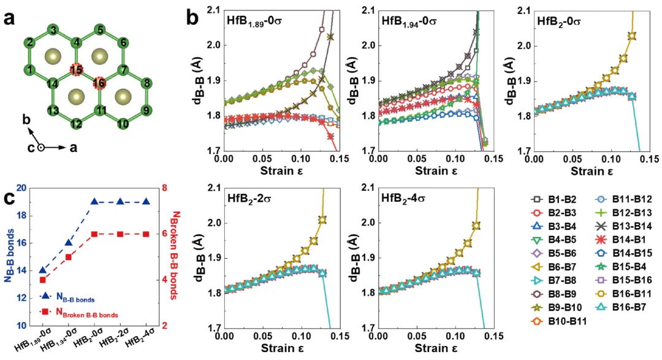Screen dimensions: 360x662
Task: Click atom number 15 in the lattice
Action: coord(76,70)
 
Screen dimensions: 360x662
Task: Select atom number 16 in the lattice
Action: coord(99,83)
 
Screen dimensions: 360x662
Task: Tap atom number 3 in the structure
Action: coord(55,31)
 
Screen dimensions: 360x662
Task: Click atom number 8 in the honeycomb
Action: coord(146,83)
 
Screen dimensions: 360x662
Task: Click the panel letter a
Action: coord(9,18)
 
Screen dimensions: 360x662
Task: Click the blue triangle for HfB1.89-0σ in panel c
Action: coord(42,270)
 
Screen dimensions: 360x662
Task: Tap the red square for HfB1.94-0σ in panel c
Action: coord(69,257)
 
